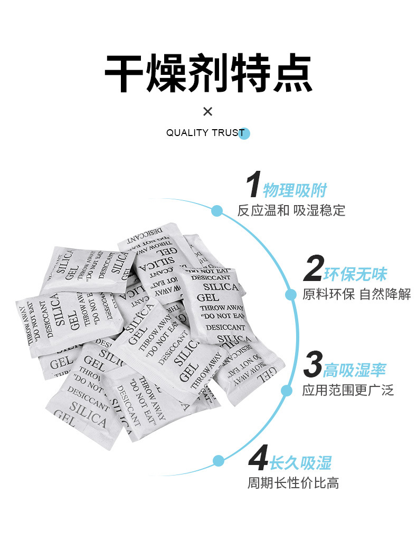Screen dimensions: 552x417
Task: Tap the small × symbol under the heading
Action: point(208,111)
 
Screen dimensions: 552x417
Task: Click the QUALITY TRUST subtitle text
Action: point(205,133)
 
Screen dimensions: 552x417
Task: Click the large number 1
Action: point(254,186)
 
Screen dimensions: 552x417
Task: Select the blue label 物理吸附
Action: point(295,190)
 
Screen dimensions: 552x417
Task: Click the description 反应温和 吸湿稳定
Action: point(291,210)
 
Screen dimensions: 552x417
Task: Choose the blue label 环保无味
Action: point(355,274)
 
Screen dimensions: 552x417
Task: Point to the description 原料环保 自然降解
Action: point(357,294)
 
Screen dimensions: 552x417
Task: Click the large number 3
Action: point(312,366)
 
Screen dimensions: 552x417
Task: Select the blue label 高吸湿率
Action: point(354,370)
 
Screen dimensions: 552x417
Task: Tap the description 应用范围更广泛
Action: point(348,390)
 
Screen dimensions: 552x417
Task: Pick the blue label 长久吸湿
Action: point(300,463)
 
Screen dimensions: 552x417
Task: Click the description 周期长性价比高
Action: point(293,482)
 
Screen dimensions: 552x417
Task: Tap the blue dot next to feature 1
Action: point(216,211)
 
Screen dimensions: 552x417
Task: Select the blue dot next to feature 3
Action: point(286,391)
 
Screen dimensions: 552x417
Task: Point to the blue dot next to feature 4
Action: point(219,460)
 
